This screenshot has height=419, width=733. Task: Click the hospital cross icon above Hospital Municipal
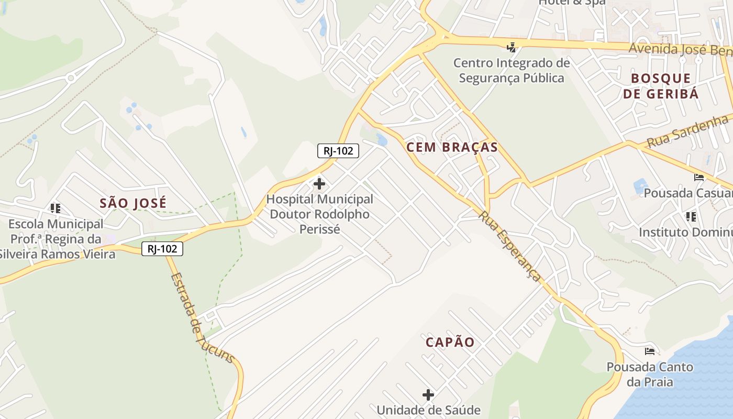[x=319, y=184]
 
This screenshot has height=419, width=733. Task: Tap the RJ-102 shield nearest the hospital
[x=338, y=151]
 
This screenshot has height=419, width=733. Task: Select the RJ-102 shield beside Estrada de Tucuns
[x=162, y=249]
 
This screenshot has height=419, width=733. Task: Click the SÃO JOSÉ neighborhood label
[x=133, y=203]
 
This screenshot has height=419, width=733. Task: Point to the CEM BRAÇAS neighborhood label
[x=452, y=147]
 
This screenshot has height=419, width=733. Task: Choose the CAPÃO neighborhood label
[x=450, y=343]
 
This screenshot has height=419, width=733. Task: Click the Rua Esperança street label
[x=509, y=246]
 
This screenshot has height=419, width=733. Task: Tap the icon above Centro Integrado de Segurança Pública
[x=512, y=48]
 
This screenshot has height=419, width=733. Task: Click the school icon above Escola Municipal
[x=55, y=208]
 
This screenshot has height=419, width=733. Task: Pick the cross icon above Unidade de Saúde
[x=428, y=394]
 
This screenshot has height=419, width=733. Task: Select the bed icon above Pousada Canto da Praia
[x=650, y=351]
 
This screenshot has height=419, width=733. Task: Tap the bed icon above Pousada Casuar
[x=699, y=178]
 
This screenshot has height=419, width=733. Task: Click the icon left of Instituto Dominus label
[x=691, y=216]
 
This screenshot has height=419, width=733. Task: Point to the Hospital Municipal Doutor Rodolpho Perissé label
[x=319, y=214]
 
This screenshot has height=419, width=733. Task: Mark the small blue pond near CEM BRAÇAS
[x=382, y=140]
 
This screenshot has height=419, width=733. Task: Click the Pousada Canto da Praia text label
[x=650, y=374]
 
